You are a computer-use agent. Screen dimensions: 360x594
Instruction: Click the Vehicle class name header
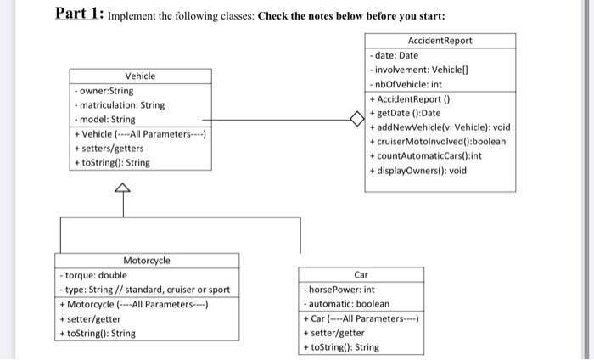[140, 76]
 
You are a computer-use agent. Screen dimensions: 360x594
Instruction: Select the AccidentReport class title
[440, 41]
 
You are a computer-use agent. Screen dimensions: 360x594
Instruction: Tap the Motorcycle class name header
[147, 261]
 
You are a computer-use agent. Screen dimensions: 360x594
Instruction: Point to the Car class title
[361, 275]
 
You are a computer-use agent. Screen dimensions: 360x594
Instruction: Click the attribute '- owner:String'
[105, 91]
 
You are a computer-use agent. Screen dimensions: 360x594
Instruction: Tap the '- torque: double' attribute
[93, 275]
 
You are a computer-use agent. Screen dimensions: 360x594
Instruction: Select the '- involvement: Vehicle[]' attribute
[415, 70]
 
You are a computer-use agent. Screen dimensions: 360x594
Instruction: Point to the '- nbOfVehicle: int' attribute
[406, 84]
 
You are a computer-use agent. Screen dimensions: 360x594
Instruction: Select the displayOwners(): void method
[418, 171]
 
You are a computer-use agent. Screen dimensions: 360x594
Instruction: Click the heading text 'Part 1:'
[79, 14]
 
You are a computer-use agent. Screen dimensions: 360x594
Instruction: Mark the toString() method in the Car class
[341, 347]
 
